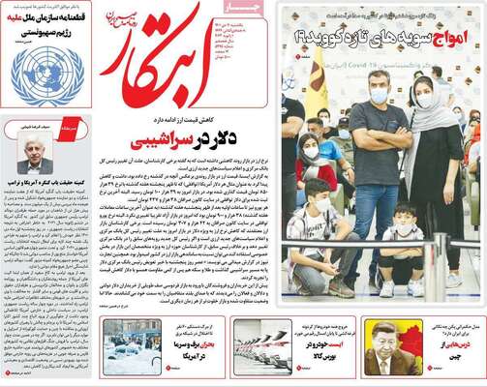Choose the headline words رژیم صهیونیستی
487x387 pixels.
click(x=62, y=33)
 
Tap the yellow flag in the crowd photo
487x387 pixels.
click(x=317, y=82)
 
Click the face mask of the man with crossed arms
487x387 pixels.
click(x=379, y=95)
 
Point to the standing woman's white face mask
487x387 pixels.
click(x=424, y=99)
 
